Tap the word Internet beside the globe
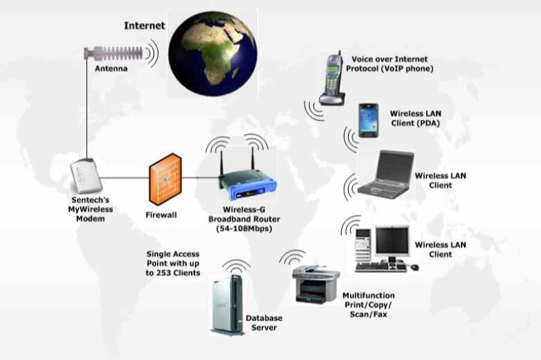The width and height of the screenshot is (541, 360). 144,26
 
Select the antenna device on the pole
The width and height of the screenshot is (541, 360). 120,52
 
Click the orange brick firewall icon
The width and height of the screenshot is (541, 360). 165,179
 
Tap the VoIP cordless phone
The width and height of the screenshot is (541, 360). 332,77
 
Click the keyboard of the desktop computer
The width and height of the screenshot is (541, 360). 384,266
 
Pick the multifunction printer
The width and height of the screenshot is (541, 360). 314,285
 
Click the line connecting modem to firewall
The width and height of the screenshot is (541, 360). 124,179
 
